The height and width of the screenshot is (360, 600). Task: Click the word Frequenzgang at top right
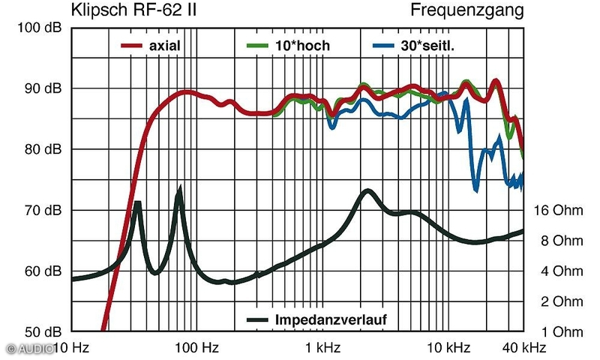[466, 10]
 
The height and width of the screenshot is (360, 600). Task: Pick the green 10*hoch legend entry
[288, 46]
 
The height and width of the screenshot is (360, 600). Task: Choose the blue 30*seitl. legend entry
[414, 46]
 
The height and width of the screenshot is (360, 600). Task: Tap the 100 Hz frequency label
[196, 348]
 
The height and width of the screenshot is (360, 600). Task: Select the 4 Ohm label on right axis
[562, 271]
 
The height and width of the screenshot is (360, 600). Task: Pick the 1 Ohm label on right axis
[562, 331]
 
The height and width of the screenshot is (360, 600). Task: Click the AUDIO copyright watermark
[28, 349]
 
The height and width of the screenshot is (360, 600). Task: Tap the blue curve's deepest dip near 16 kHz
[475, 187]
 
